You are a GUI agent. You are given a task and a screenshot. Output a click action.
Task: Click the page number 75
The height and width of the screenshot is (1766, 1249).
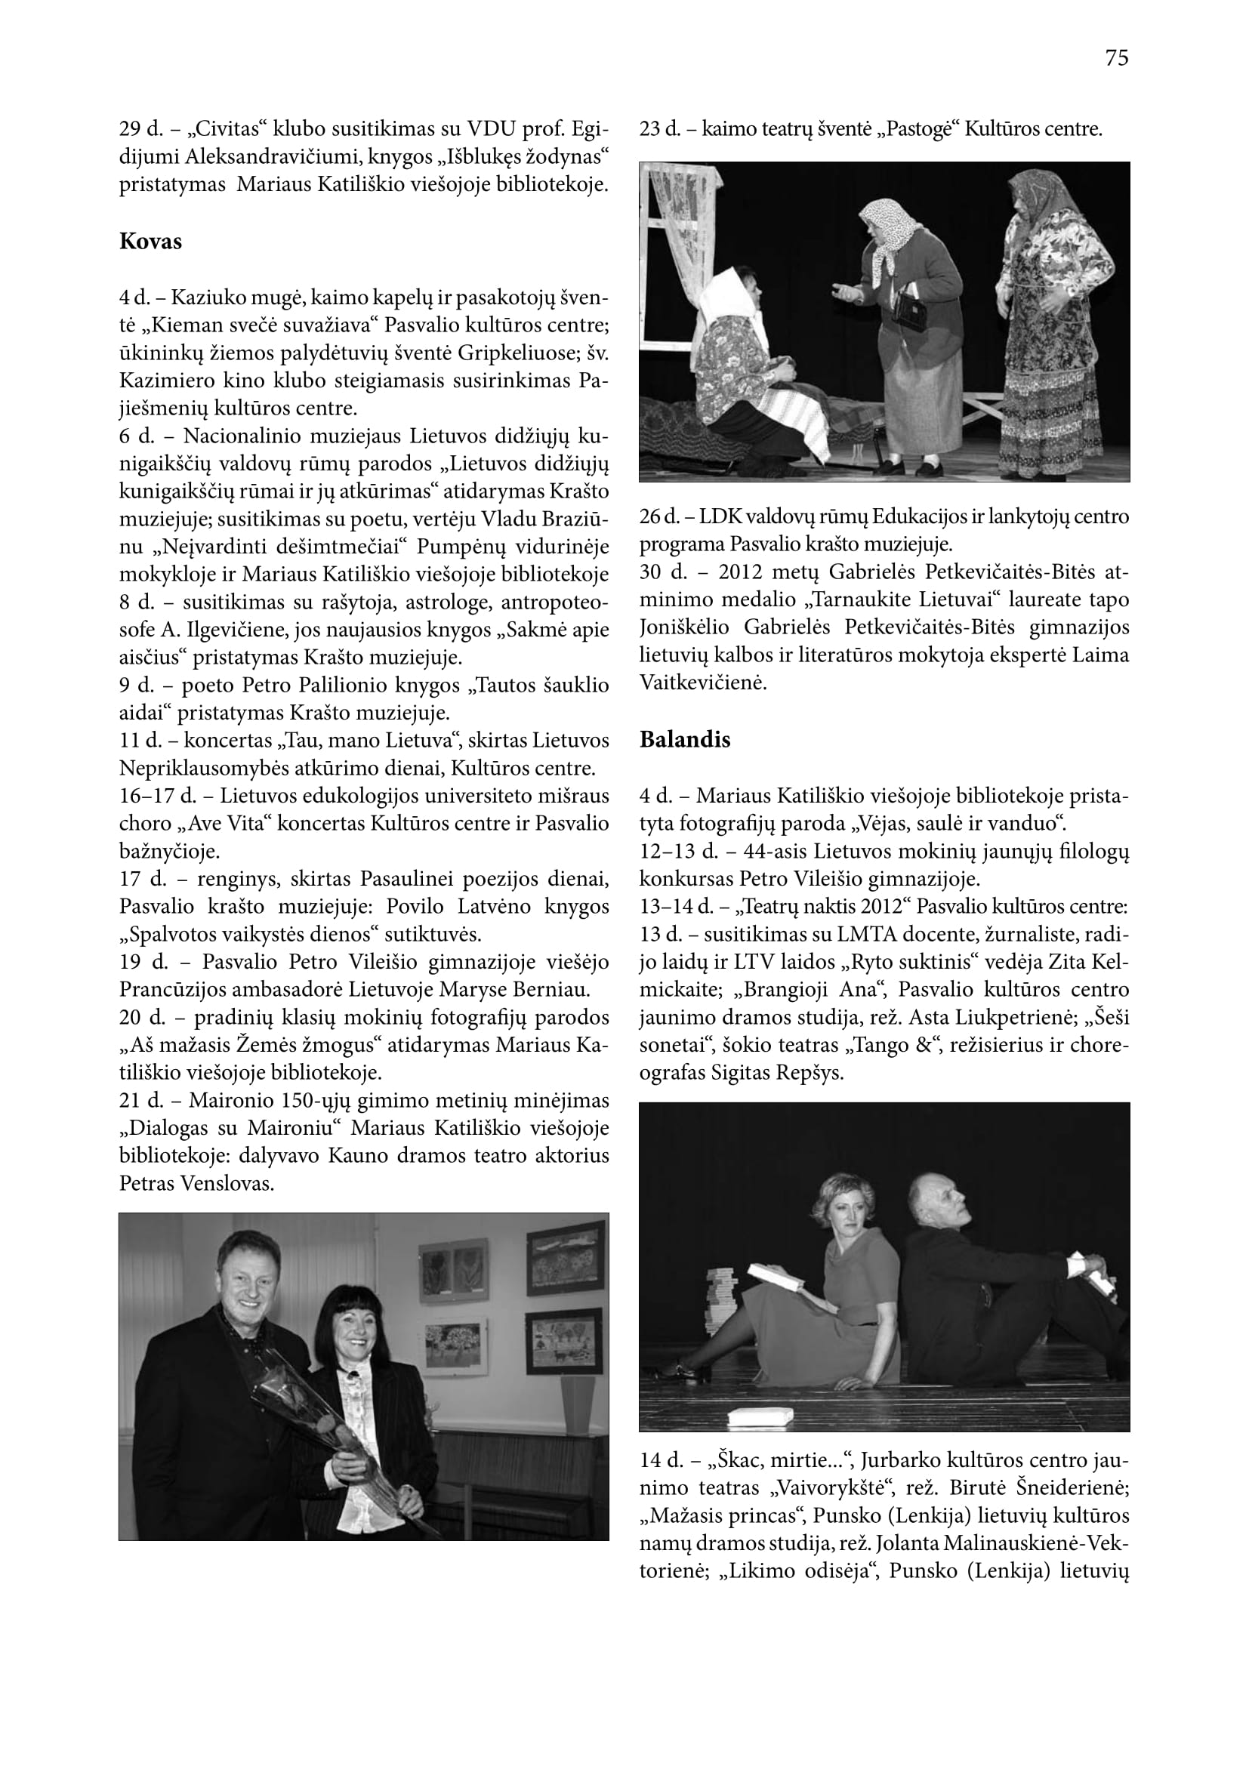1116,58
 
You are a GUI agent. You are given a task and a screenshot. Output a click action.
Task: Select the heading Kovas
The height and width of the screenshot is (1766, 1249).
151,242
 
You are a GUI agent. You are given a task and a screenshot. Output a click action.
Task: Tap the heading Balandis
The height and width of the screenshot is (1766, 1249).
684,739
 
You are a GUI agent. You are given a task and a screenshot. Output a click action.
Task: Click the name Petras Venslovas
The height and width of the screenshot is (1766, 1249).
197,1183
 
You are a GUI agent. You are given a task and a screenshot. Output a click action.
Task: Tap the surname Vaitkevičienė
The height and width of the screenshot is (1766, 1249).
703,683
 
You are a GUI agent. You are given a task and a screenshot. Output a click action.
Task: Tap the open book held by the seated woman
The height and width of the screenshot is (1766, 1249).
777,1278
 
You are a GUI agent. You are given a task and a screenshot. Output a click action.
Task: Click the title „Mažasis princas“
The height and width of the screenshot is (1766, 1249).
721,1515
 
